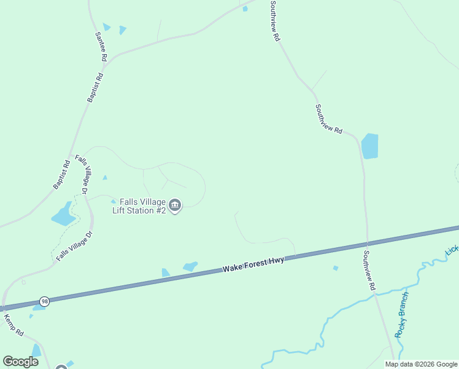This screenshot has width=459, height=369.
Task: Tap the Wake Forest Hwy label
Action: tap(253, 265)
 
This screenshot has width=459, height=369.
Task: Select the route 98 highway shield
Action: tap(44, 301)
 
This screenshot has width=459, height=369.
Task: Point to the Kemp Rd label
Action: tap(13, 325)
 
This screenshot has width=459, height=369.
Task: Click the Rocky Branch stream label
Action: tap(402, 314)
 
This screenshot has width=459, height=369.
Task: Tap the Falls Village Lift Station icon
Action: tap(175, 205)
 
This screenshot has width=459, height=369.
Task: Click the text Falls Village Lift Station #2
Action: tap(139, 205)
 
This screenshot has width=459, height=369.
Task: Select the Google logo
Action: tap(20, 362)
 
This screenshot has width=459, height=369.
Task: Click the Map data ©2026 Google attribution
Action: tap(420, 364)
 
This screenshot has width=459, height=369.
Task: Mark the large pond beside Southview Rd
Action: tap(369, 146)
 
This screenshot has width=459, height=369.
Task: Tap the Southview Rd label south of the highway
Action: tap(369, 271)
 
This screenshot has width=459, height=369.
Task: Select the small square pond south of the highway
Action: tap(335, 268)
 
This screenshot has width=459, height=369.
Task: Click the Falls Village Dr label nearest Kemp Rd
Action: tap(74, 246)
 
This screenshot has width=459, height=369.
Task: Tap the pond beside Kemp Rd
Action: tap(36, 351)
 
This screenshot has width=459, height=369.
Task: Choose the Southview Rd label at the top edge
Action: tap(275, 20)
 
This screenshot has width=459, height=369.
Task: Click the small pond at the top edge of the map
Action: tap(245, 9)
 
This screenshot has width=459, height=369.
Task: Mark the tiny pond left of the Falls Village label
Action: tap(114, 201)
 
